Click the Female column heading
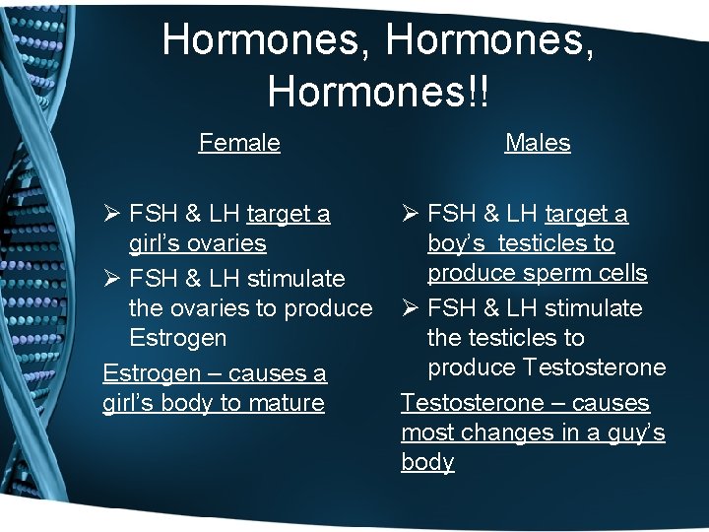click(x=239, y=143)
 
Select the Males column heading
click(x=538, y=143)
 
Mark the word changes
click(x=498, y=432)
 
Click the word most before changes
click(x=425, y=432)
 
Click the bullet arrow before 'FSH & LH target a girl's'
click(x=112, y=214)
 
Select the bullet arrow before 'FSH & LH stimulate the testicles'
click(x=411, y=308)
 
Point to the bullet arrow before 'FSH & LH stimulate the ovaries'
click(x=112, y=279)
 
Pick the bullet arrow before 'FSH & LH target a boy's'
click(x=411, y=214)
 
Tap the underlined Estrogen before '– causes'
click(x=147, y=373)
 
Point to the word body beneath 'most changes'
click(x=427, y=462)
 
